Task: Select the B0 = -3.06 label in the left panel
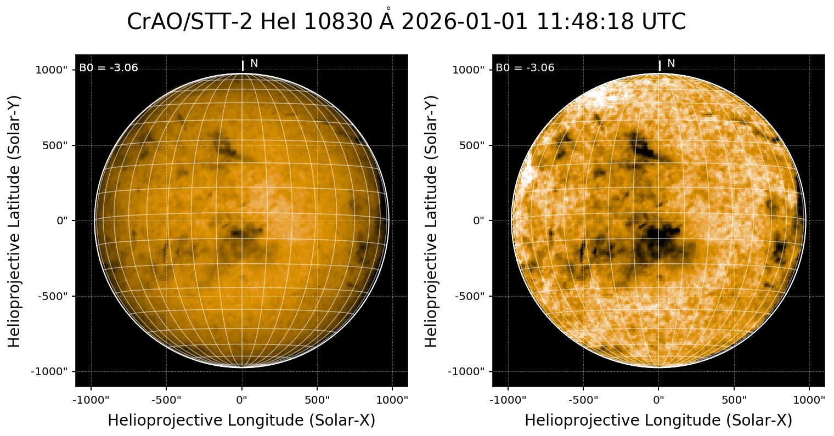(x=109, y=68)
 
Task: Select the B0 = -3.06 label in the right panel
(x=525, y=68)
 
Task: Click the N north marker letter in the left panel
(x=254, y=64)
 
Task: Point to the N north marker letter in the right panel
(x=671, y=64)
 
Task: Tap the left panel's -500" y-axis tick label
(x=54, y=296)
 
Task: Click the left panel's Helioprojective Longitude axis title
(x=241, y=420)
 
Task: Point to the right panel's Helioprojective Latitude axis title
(x=432, y=220)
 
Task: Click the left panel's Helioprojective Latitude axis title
(x=15, y=220)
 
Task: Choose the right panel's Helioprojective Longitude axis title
(x=658, y=420)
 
